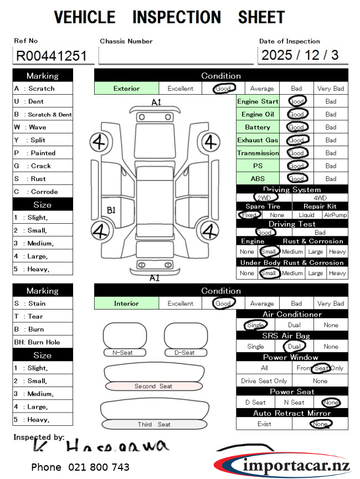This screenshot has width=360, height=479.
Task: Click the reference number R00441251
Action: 51,56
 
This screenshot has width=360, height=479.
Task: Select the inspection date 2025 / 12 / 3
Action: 300,55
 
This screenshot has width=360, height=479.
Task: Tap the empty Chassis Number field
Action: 176,56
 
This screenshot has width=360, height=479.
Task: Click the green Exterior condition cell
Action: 127,89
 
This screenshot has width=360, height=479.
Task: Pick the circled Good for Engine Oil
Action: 297,115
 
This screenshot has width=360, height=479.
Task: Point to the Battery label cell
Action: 258,127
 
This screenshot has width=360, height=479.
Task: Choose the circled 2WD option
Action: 264,198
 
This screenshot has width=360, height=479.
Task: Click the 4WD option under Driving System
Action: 320,198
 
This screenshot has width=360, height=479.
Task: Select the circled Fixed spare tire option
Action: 249,215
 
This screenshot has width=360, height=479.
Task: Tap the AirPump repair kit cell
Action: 335,215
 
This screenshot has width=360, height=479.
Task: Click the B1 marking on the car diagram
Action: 111,210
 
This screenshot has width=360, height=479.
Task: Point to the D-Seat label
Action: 184,353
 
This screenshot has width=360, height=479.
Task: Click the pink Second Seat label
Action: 153,386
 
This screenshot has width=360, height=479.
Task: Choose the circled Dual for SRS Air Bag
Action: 294,347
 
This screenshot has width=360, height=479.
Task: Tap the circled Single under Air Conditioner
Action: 255,325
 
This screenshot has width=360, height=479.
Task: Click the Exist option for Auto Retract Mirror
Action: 264,424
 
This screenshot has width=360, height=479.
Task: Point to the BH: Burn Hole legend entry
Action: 37,342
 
